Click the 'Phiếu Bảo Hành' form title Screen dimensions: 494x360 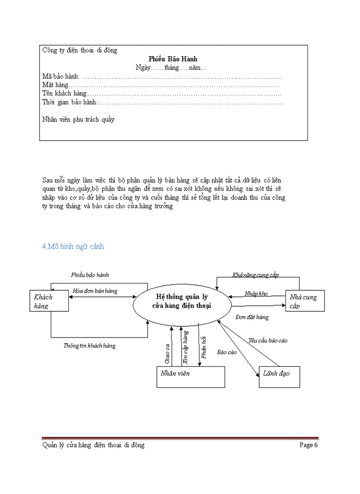(x=173, y=59)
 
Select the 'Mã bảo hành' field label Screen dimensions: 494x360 (x=60, y=77)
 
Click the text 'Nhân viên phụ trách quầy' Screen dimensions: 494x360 (x=78, y=119)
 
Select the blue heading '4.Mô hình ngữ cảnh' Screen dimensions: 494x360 (x=73, y=246)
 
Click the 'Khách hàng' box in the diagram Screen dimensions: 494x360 (x=49, y=301)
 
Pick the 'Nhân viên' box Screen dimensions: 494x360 (x=190, y=377)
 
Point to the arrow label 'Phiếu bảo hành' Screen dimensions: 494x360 (x=90, y=275)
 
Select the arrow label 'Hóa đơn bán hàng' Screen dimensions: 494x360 (x=95, y=291)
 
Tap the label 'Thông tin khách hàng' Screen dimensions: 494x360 (x=89, y=346)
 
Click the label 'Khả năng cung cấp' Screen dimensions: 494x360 (x=256, y=275)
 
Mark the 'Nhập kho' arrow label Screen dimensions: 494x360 (x=256, y=293)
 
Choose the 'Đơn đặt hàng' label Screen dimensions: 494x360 (x=252, y=317)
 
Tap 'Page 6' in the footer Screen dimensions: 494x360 (x=309, y=445)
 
